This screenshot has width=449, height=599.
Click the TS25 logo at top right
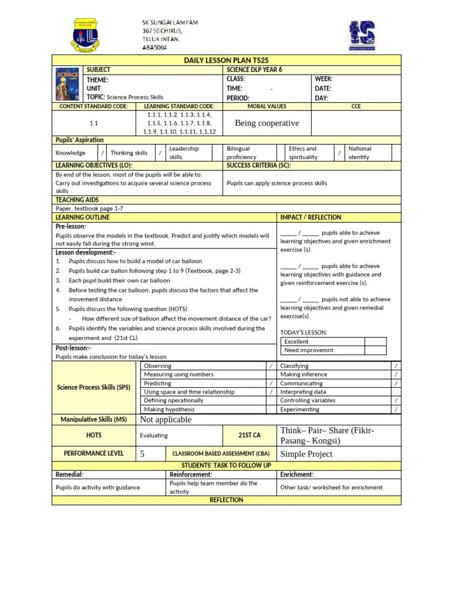(362, 36)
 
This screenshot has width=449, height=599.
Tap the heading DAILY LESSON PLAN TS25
(226, 60)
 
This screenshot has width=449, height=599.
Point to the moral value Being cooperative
(267, 123)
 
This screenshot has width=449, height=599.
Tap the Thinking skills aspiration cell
(129, 153)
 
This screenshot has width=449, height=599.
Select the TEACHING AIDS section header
(77, 200)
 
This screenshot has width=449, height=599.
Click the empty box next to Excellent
(375, 342)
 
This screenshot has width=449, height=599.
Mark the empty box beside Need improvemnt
(375, 350)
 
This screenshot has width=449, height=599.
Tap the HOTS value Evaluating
(154, 435)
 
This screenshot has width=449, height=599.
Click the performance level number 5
(143, 453)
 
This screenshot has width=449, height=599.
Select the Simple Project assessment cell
(306, 454)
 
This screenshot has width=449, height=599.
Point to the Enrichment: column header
(297, 474)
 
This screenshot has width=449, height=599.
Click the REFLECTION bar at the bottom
(226, 500)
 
